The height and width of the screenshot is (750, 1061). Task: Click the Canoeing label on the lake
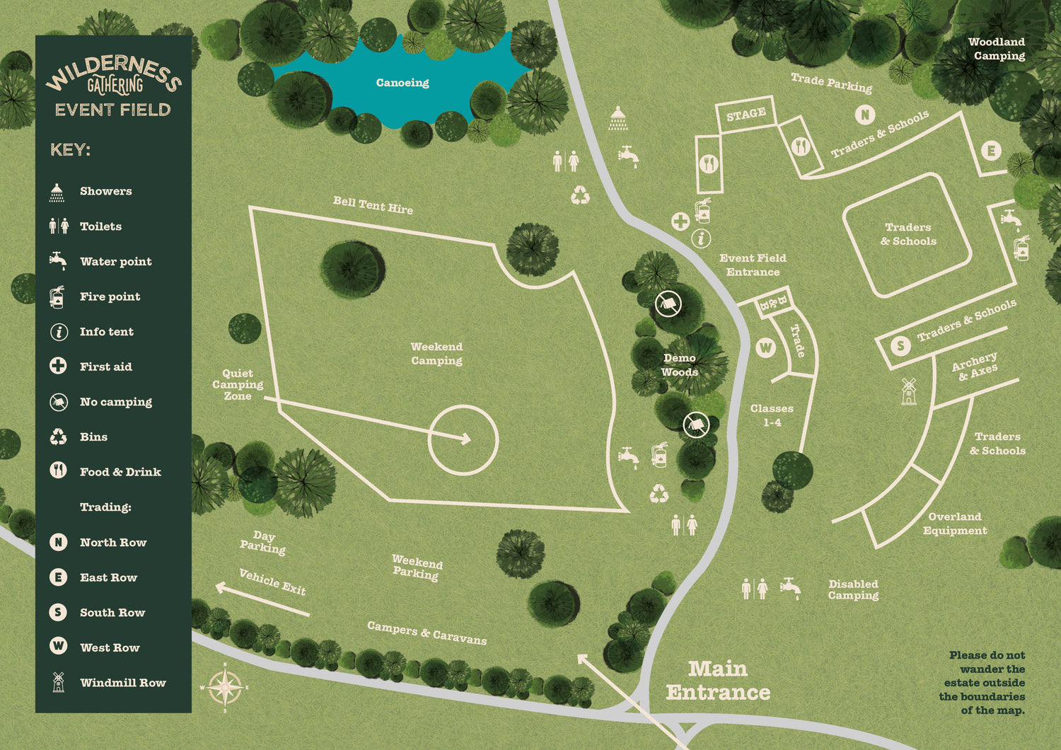point(402,83)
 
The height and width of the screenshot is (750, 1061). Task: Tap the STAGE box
point(746,114)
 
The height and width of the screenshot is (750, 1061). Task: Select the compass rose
point(225,687)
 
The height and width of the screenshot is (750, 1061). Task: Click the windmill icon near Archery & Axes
point(909,391)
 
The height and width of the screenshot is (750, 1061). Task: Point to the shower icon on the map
point(618,119)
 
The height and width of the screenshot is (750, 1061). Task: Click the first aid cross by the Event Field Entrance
point(680,221)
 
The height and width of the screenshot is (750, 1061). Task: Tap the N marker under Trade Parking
point(864,115)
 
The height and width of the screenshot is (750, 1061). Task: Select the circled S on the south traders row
point(900,346)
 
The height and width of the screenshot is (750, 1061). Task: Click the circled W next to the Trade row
point(766,347)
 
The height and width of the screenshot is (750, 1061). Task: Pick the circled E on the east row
point(991,151)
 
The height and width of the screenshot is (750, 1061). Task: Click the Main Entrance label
point(718,681)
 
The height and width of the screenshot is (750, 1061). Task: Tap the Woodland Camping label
point(997,49)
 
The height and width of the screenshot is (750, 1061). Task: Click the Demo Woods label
point(680,365)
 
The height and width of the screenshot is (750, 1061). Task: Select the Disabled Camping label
point(854,589)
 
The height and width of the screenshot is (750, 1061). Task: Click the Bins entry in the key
point(93,437)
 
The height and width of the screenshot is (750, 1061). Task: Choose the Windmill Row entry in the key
point(122,683)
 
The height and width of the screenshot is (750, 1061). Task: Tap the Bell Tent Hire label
point(373,206)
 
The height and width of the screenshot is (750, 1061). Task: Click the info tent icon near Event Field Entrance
point(701,238)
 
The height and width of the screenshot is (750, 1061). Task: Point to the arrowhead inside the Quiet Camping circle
point(466,439)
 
